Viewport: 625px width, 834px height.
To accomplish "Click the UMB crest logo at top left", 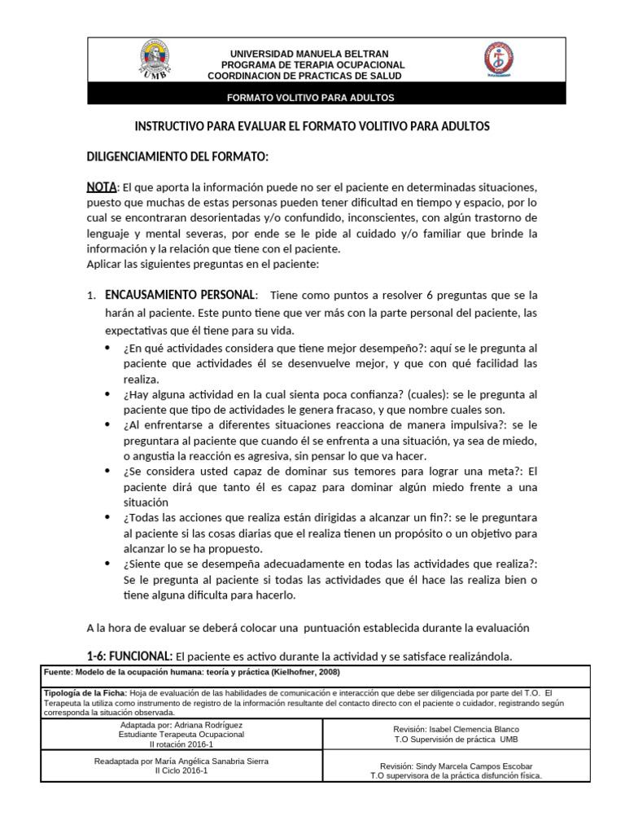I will pyautogui.click(x=155, y=60).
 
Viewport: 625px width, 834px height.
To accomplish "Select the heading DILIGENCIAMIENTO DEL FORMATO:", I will pyautogui.click(x=177, y=156).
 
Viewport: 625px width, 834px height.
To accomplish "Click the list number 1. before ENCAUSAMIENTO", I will pyautogui.click(x=92, y=296).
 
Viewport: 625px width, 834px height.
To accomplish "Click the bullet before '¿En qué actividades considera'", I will pyautogui.click(x=110, y=348).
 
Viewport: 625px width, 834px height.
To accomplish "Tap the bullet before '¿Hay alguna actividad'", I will pyautogui.click(x=110, y=394).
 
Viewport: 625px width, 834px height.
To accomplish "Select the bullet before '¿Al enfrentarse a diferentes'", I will pyautogui.click(x=110, y=425).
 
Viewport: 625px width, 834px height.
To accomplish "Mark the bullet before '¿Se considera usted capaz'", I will pyautogui.click(x=110, y=472).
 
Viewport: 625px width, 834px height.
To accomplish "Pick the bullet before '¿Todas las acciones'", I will pyautogui.click(x=110, y=518).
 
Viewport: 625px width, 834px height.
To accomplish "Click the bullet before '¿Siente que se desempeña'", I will pyautogui.click(x=110, y=564).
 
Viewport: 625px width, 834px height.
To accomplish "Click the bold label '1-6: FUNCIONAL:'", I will pyautogui.click(x=129, y=656).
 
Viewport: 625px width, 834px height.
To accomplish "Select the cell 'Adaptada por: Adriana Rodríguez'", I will pyautogui.click(x=181, y=725).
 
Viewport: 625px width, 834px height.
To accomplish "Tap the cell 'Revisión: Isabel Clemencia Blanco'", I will pyautogui.click(x=456, y=729).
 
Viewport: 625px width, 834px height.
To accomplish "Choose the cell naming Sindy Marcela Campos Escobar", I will pyautogui.click(x=456, y=766).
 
